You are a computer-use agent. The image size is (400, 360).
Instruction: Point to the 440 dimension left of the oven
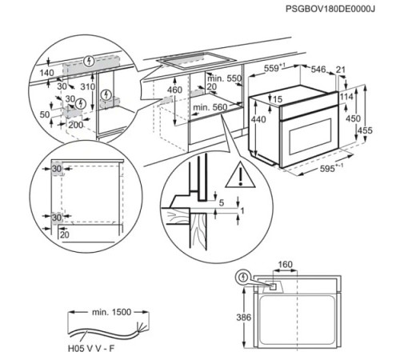[x=258, y=118]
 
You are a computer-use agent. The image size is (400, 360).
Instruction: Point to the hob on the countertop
[x=191, y=58]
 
